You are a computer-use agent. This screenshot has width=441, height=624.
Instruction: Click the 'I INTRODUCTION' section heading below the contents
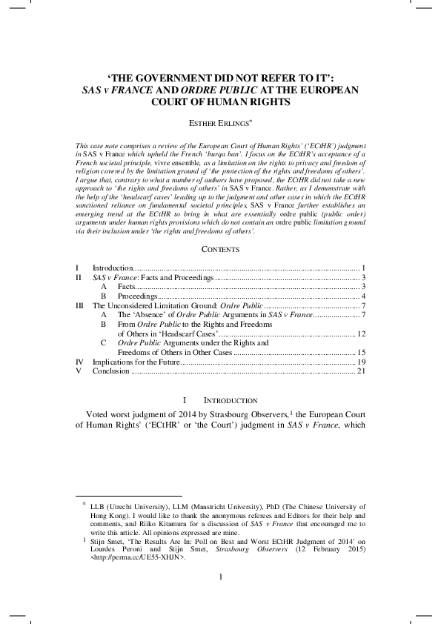220,400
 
